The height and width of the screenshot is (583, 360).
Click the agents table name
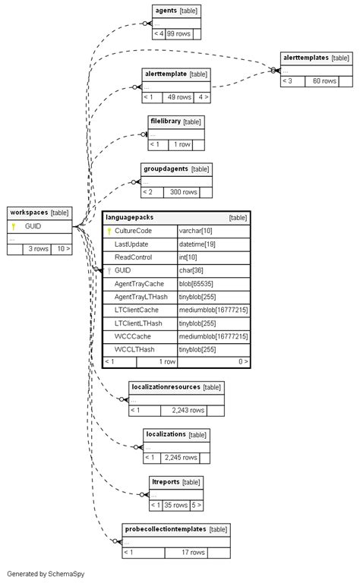tap(166, 11)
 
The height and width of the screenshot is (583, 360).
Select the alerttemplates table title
tap(305, 58)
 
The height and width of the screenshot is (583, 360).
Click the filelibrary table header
tap(165, 121)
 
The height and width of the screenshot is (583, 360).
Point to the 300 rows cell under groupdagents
tap(183, 192)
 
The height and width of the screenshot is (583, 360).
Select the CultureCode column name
tap(133, 231)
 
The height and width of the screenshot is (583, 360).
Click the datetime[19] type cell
tap(196, 244)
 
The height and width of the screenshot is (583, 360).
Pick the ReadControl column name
tap(133, 257)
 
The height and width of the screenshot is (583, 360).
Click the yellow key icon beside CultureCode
tap(109, 231)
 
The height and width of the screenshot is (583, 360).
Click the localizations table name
tap(166, 434)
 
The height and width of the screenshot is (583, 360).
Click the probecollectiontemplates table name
tap(166, 529)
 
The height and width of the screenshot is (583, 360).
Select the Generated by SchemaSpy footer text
tap(46, 574)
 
